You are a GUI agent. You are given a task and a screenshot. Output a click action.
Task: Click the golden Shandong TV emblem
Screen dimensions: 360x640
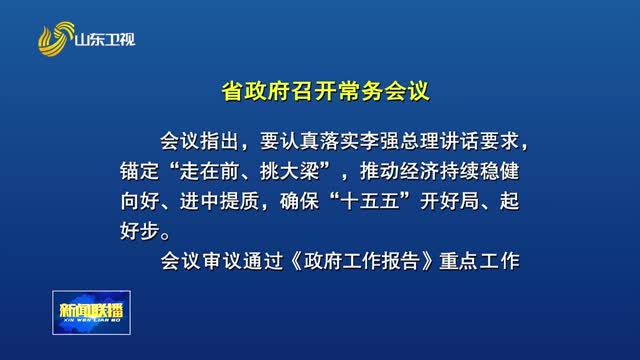[55, 40]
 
